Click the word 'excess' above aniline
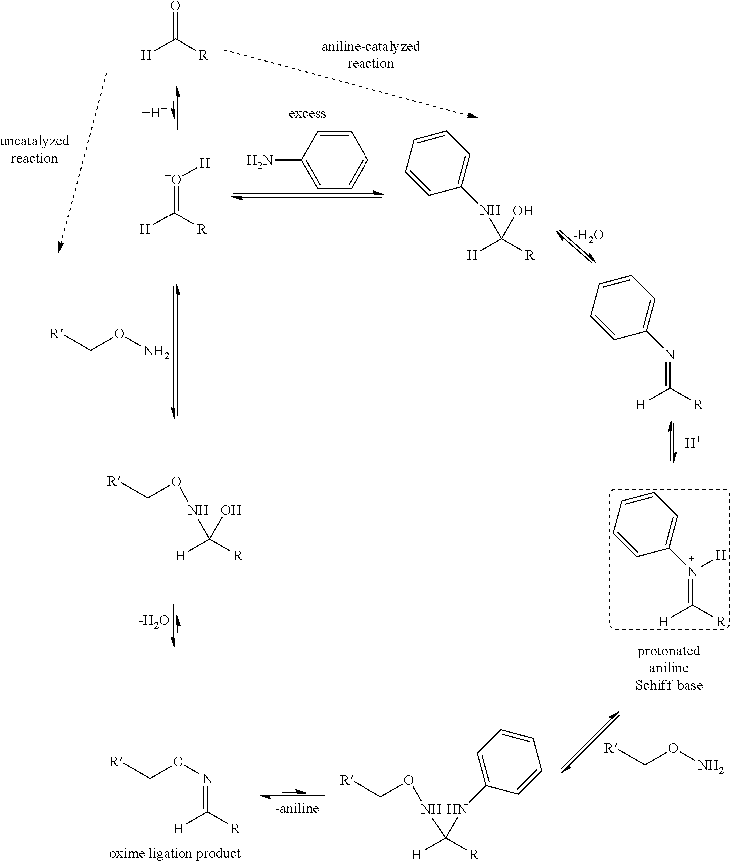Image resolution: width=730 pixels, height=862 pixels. [x=307, y=114]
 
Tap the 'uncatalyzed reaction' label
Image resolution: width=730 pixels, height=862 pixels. [x=34, y=149]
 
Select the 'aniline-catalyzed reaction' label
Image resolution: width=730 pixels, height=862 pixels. [x=370, y=55]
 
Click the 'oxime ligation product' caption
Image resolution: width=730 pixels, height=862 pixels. [x=175, y=853]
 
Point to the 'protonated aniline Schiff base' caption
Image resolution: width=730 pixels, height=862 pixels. [x=669, y=668]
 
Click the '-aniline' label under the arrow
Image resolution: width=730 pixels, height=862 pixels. [x=297, y=808]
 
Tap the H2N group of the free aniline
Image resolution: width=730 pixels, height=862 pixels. [x=260, y=160]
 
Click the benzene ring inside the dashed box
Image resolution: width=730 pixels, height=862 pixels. [x=645, y=524]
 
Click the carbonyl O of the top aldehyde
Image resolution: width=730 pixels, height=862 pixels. [x=175, y=6]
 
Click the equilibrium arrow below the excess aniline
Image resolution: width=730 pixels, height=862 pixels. [x=307, y=195]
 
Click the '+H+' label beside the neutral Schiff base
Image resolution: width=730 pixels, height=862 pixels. [x=690, y=443]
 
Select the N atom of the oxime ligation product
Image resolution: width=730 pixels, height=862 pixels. [x=208, y=779]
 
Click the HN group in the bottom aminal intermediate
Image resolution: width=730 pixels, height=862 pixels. [x=457, y=809]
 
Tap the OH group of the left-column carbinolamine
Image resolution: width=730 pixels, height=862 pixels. [x=231, y=510]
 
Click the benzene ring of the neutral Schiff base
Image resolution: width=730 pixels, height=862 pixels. [x=623, y=307]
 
